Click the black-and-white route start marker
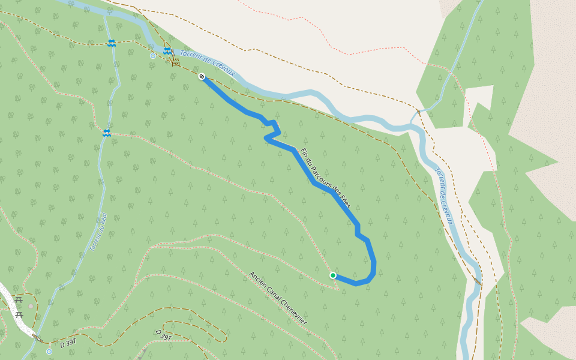tap(202, 77)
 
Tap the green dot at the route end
tap(333, 275)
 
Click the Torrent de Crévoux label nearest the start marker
tap(209, 65)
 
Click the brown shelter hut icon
tap(176, 62)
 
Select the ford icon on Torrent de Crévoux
tap(167, 51)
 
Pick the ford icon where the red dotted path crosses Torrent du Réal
tap(106, 133)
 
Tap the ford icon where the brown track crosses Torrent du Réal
tap(112, 43)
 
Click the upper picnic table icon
tap(17, 299)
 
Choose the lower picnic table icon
tap(19, 314)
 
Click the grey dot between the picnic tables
tap(31, 306)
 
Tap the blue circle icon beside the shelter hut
tap(153, 56)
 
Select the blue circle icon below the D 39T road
tap(49, 352)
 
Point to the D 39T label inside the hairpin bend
tap(164, 334)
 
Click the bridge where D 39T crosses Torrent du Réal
tap(37, 338)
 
